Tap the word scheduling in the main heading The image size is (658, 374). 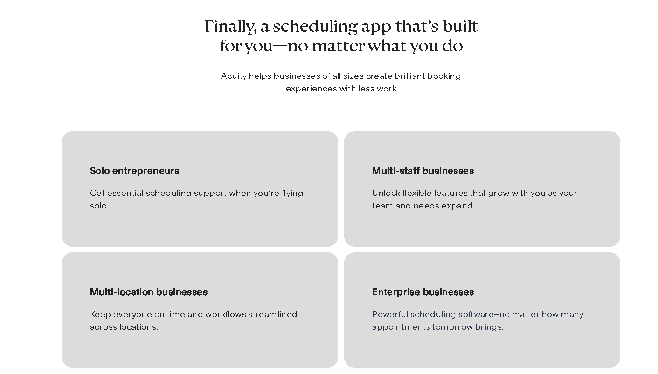315,27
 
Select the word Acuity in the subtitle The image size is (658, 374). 234,76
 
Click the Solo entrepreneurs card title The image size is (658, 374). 134,171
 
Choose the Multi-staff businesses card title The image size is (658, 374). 423,171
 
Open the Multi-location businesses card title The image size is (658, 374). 148,292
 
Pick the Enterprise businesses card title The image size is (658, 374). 423,292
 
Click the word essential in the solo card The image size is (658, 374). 125,193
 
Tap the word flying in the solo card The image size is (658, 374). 292,193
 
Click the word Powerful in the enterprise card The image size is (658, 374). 390,314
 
